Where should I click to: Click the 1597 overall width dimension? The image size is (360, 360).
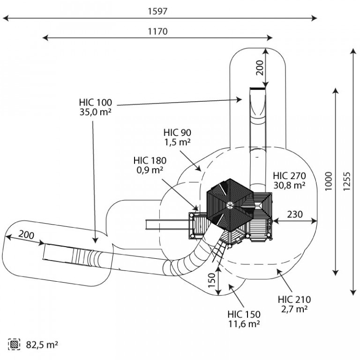[x=157, y=11]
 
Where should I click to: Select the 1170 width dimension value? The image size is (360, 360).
[x=157, y=31]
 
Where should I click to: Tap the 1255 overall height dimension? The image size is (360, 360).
[x=347, y=181]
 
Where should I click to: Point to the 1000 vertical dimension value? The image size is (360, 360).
[x=329, y=181]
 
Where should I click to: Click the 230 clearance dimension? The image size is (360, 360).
[x=295, y=214]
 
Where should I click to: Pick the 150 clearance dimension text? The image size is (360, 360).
[x=212, y=280]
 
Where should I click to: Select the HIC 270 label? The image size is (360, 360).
[x=289, y=176]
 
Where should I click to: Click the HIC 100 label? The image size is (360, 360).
[x=96, y=102]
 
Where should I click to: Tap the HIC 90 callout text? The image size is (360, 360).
[x=177, y=133]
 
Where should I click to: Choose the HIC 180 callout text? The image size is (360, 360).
[x=150, y=160]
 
